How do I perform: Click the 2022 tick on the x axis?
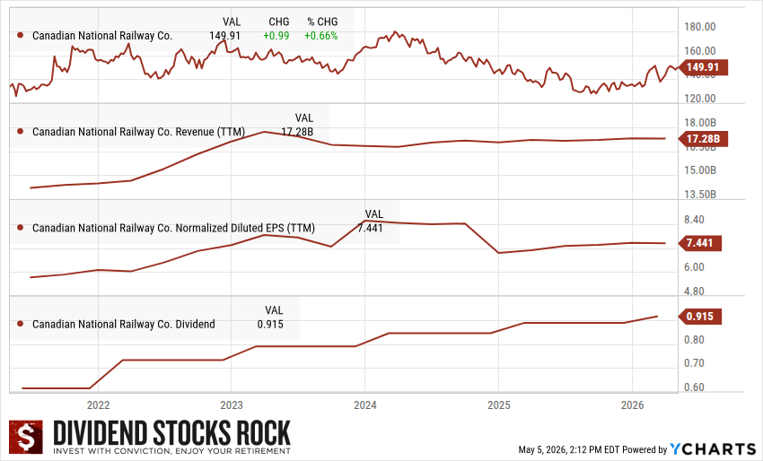pos(99,405)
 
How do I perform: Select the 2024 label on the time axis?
pos(365,405)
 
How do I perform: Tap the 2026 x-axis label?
pos(632,405)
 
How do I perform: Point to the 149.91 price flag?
pos(702,67)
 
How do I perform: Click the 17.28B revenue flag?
pos(703,139)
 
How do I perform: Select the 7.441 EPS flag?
pos(699,243)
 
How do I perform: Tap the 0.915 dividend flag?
pos(699,317)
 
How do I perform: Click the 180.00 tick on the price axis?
pos(700,27)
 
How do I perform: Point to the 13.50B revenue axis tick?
pos(700,195)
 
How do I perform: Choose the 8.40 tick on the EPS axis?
pos(694,220)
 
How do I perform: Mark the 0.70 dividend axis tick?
pos(694,363)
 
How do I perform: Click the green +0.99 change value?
pos(276,36)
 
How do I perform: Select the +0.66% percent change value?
pos(320,36)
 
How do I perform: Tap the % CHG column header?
pos(322,22)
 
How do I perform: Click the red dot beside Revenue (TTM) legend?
pos(21,132)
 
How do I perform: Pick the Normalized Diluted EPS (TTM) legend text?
pos(245,228)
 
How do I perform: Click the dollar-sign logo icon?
pos(26,437)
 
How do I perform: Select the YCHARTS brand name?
pos(713,448)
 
